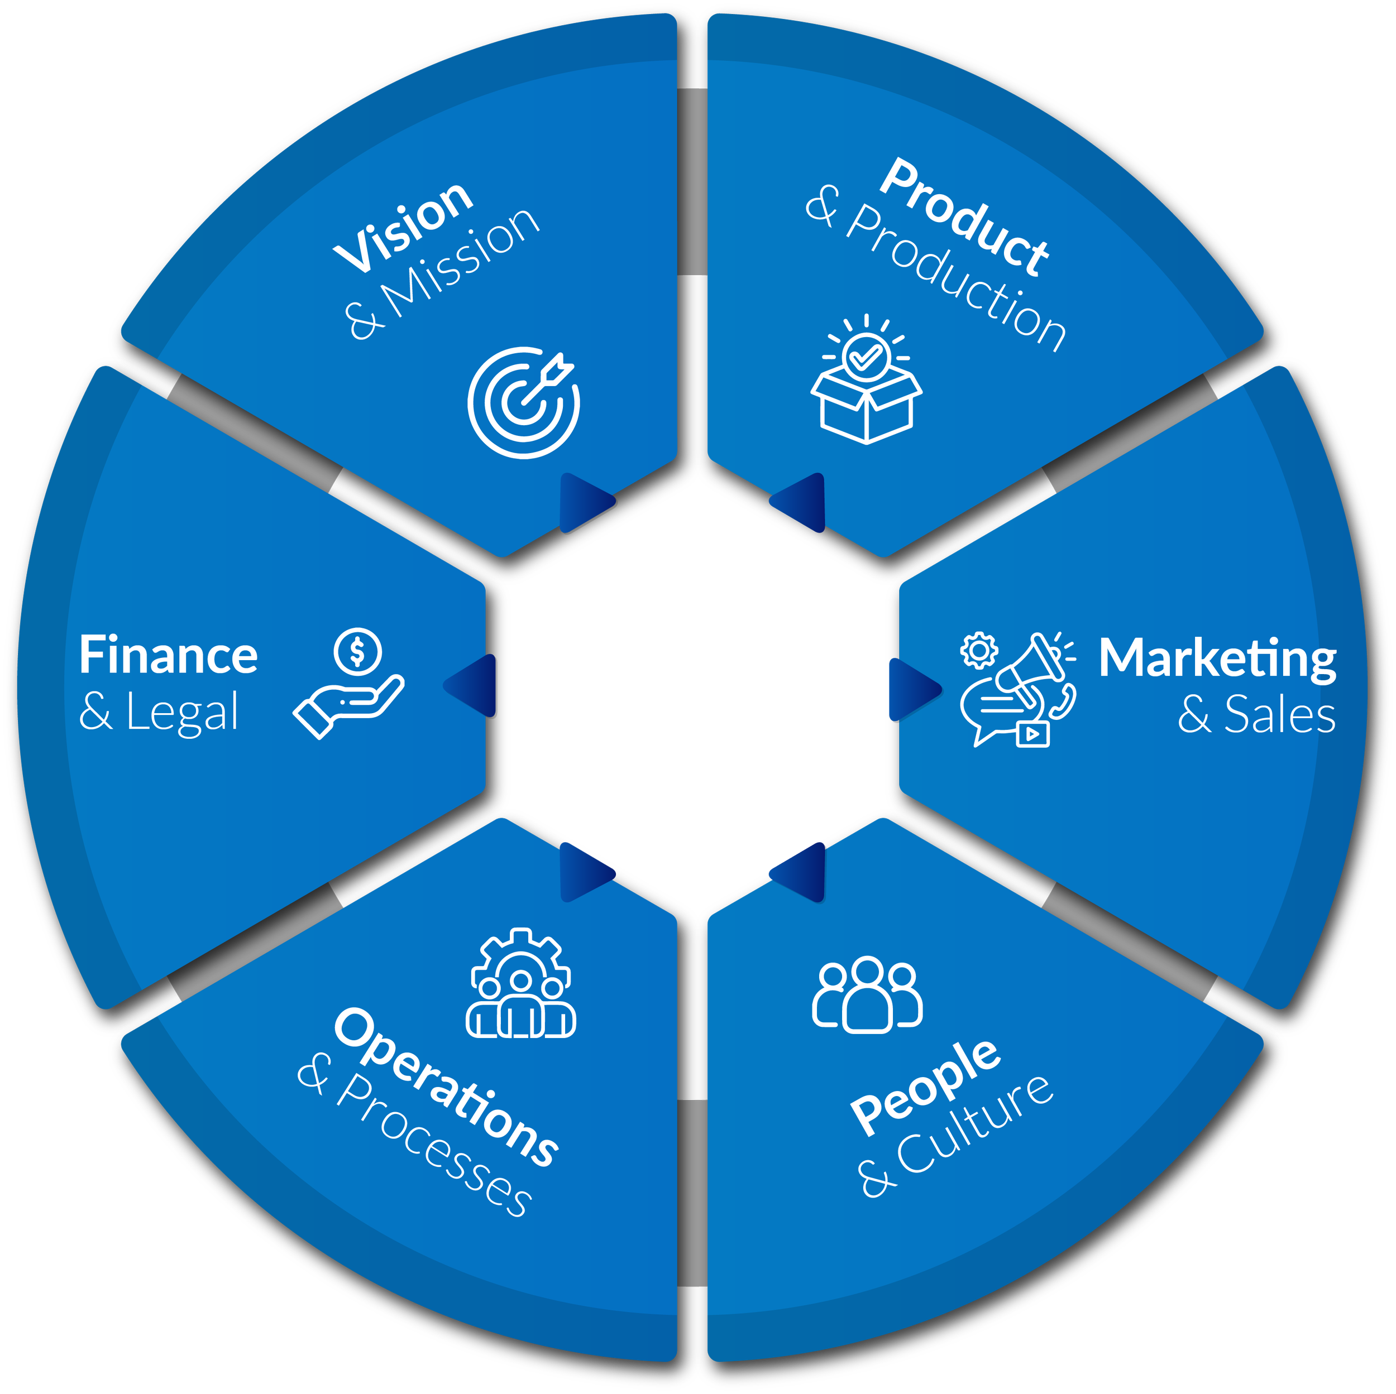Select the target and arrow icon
(x=524, y=402)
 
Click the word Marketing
(x=1217, y=658)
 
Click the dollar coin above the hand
(x=357, y=651)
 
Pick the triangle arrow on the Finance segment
(x=474, y=685)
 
